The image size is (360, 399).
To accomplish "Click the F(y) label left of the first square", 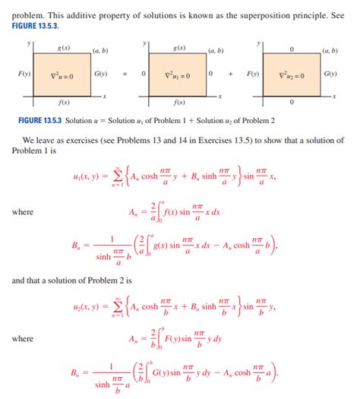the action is [x=23, y=74].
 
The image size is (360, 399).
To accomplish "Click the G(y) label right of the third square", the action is [x=331, y=74].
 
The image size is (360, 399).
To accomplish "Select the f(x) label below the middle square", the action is [x=180, y=102].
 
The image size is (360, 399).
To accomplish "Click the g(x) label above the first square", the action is [x=64, y=48].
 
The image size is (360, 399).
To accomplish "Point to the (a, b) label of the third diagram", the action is [x=330, y=50].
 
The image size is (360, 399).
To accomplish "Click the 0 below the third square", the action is [x=292, y=102].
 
